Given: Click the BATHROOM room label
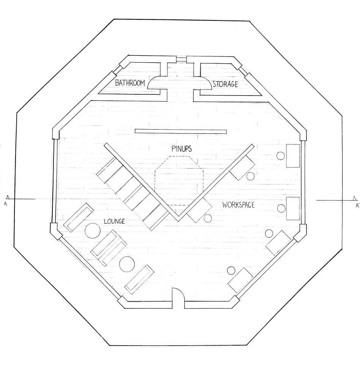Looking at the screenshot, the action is (x=130, y=83).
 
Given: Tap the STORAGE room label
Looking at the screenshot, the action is (x=225, y=84).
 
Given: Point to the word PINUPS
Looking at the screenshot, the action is (x=182, y=149).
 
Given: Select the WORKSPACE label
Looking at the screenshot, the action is (x=238, y=205).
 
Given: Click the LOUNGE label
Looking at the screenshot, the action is (x=115, y=221).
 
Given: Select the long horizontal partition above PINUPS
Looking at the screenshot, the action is (x=181, y=131).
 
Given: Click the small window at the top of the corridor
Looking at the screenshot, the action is (x=181, y=59).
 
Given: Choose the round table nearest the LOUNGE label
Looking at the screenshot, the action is (x=93, y=230).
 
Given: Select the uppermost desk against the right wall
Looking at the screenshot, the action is (x=293, y=156).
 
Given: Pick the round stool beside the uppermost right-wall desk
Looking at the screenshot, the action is (x=281, y=156).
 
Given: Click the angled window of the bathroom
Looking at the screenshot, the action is (x=116, y=70).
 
